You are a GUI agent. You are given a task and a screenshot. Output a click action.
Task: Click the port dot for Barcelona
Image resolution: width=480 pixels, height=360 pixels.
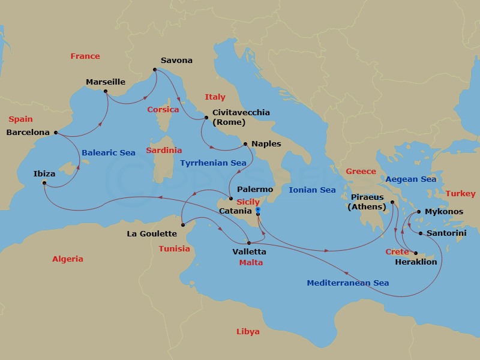55,133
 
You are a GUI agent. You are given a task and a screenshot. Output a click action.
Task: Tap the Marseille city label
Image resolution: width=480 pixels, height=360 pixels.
106,82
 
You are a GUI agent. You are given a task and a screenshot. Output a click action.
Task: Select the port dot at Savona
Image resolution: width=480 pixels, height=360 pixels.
155,70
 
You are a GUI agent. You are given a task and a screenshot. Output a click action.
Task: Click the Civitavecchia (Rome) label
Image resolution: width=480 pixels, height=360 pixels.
237,117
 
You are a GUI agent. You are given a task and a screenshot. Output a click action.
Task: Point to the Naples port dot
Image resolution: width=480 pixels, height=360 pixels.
245,144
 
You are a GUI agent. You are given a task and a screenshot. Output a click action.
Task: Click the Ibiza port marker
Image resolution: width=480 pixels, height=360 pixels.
44,183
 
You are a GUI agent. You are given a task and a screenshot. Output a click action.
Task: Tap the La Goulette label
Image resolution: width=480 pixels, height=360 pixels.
152,233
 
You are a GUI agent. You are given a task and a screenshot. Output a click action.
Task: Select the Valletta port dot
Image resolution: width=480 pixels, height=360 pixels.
248,242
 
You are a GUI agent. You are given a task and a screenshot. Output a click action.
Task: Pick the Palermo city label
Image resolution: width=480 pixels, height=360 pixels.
256,189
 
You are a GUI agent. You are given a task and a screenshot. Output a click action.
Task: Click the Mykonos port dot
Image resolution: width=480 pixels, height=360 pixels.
419,212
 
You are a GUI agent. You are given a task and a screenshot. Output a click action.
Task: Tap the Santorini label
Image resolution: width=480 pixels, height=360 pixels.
446,233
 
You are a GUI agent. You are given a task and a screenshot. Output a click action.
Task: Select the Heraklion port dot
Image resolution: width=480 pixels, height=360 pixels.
416,253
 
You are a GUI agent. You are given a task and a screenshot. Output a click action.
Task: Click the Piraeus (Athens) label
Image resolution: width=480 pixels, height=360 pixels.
367,202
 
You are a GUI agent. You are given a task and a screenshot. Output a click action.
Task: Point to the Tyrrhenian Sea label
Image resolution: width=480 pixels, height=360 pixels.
213,163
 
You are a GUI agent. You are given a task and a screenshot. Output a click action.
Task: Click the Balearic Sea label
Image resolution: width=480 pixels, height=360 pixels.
109,153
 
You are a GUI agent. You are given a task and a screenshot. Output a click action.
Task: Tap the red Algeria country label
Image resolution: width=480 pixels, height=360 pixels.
67,259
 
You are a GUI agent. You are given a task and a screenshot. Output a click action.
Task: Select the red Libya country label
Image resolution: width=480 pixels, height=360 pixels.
248,331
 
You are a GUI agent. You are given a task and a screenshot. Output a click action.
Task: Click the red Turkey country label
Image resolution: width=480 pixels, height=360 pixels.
460,193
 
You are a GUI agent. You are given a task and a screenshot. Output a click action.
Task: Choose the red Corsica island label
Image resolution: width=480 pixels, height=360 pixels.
163,110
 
